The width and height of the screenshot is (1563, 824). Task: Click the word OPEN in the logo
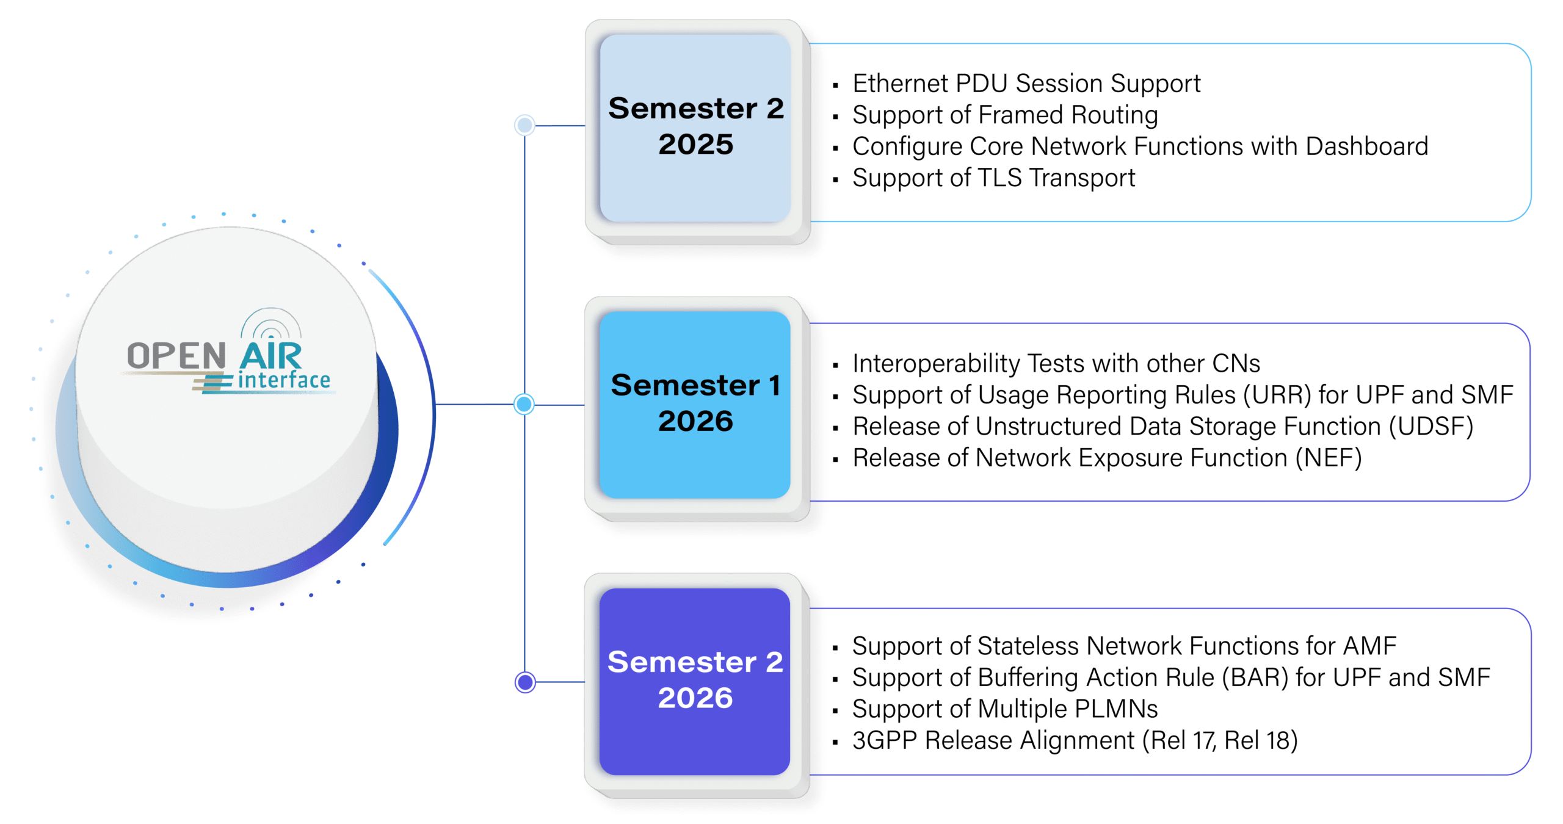(x=176, y=356)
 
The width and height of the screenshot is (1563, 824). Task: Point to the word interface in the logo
(x=284, y=380)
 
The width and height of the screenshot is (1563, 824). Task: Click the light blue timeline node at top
(x=524, y=125)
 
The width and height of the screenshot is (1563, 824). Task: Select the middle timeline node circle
(x=524, y=404)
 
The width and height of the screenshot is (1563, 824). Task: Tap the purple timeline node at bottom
(x=525, y=682)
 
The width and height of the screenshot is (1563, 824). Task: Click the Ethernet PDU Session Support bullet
(x=1026, y=84)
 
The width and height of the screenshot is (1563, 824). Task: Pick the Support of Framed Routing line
(x=1004, y=115)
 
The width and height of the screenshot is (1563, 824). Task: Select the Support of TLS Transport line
(x=993, y=178)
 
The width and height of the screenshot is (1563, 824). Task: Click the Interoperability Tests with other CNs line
(x=1056, y=364)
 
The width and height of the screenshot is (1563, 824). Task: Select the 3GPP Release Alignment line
(x=1075, y=740)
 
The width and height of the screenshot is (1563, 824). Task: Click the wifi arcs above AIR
(x=271, y=323)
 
